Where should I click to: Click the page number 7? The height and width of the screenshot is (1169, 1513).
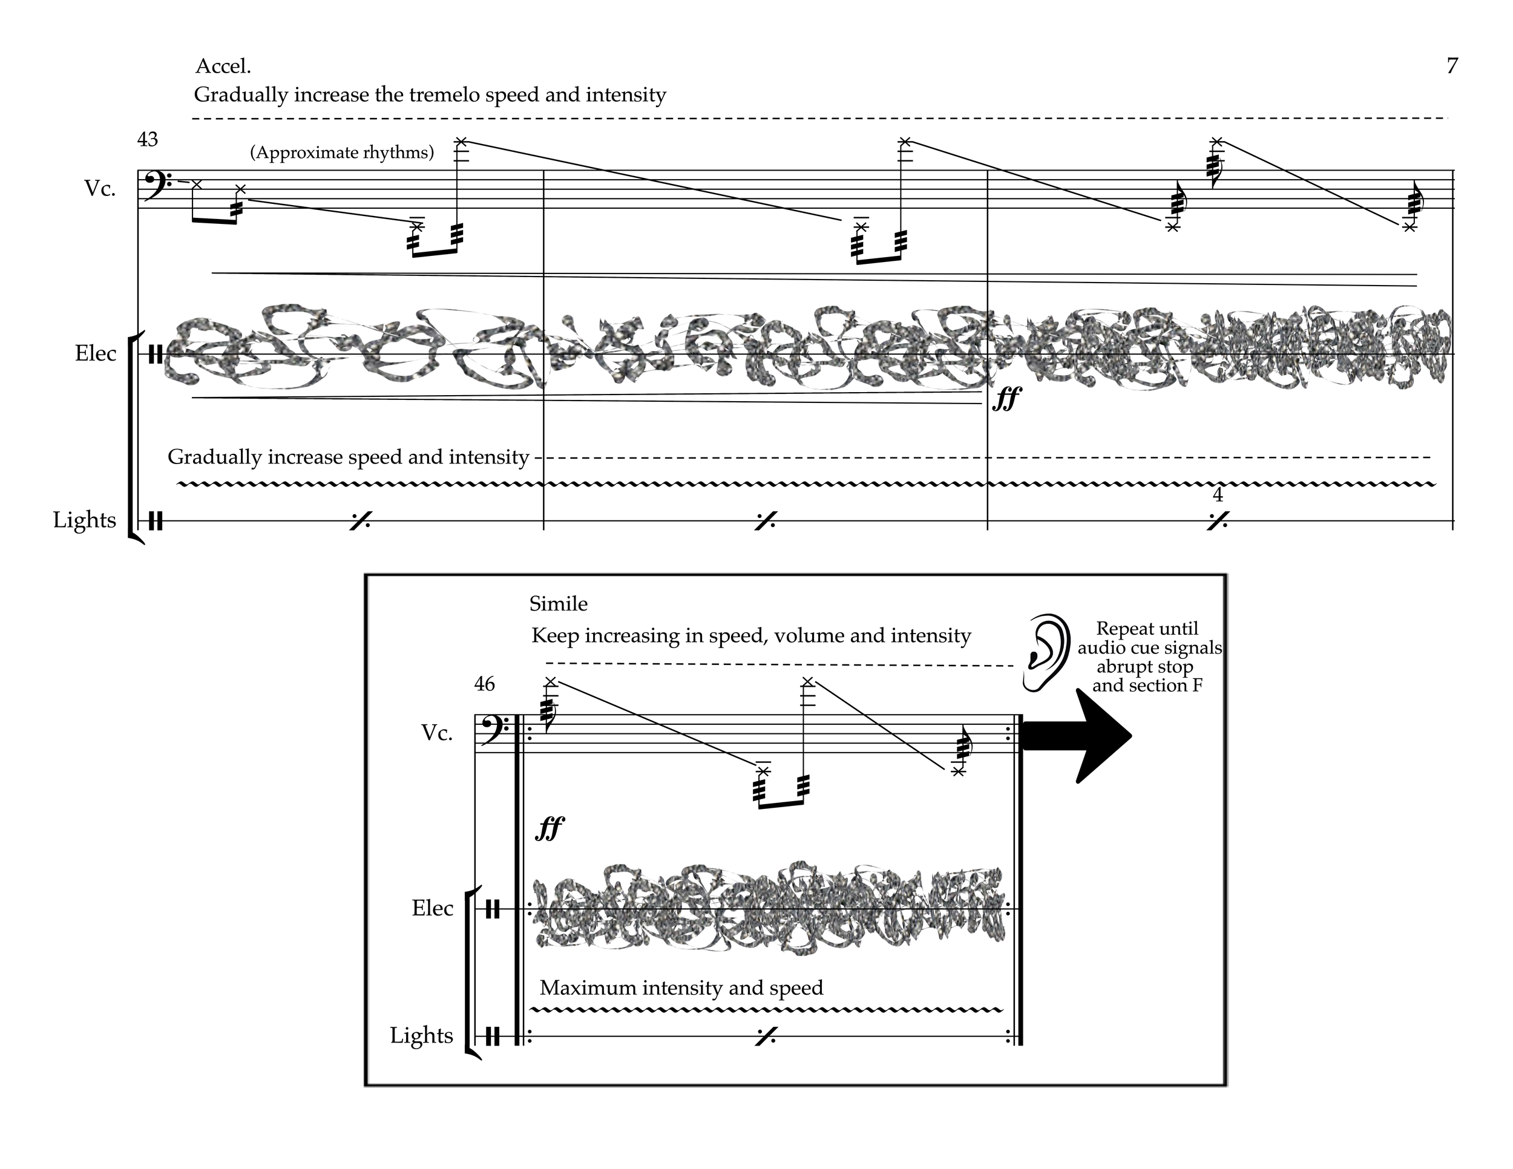(1452, 66)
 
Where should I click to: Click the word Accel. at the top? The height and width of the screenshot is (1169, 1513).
(223, 67)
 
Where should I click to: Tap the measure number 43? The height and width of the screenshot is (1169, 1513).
(148, 140)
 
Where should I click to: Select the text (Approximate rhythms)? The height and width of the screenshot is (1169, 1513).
(342, 152)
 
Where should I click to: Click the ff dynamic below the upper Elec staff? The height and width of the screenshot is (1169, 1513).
(1006, 399)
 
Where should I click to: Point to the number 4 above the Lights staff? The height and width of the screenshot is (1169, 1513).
(1218, 495)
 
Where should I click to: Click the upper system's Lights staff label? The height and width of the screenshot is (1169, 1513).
(85, 520)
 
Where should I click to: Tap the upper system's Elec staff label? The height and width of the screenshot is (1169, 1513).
(96, 353)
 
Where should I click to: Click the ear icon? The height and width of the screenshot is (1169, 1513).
(1046, 652)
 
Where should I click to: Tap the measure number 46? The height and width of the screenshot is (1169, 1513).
(484, 684)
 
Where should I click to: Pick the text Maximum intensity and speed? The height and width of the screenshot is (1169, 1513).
(681, 987)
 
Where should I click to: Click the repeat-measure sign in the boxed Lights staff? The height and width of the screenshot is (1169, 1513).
(766, 1036)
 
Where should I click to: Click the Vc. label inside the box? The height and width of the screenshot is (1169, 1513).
(437, 733)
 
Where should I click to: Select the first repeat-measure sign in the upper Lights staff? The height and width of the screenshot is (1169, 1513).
(359, 521)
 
